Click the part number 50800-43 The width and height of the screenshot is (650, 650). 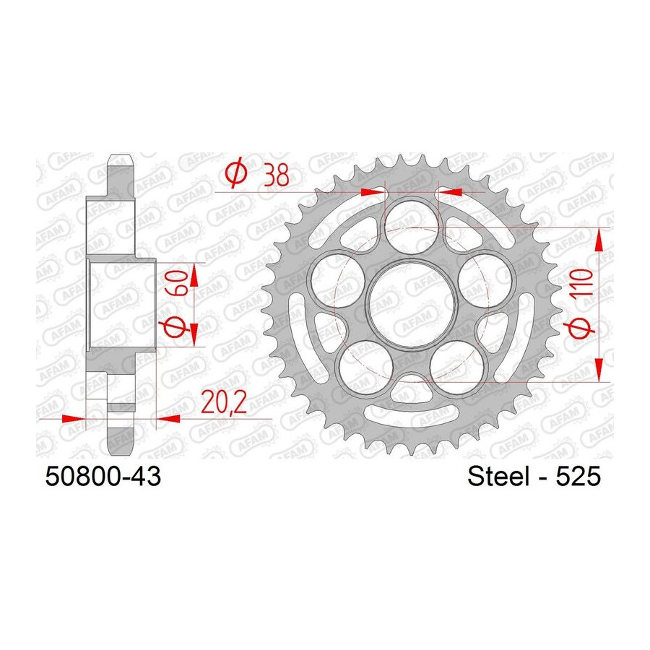[103, 476]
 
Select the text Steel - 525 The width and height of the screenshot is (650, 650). [534, 476]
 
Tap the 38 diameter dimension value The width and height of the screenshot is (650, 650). [277, 175]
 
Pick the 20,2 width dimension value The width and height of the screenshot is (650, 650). [225, 402]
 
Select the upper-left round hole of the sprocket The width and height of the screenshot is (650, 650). [337, 280]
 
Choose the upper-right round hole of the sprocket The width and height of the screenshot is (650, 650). [487, 280]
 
